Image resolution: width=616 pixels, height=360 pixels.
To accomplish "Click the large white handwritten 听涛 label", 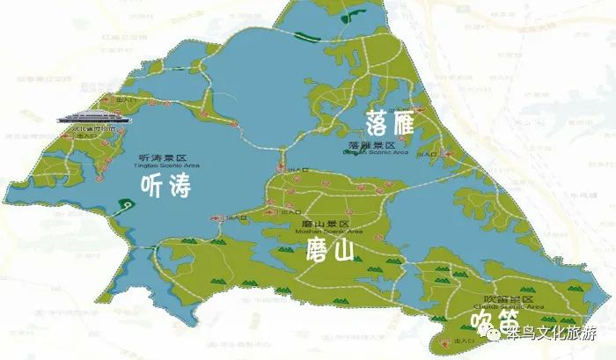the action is (x=166, y=186).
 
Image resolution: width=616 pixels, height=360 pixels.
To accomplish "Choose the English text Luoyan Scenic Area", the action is (x=378, y=152).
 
